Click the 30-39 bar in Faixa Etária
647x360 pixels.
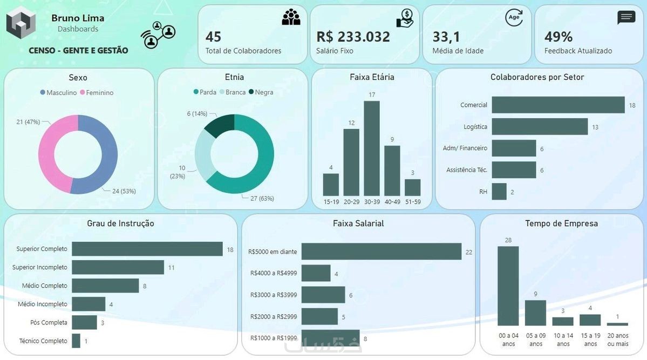[x=371, y=148]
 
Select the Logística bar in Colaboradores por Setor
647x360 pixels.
[x=539, y=127]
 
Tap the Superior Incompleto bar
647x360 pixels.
[x=118, y=267]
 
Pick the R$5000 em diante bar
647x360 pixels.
[x=381, y=252]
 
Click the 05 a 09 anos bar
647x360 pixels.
[x=535, y=313]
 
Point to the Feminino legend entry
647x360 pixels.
[x=97, y=93]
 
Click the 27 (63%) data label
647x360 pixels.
[x=262, y=198]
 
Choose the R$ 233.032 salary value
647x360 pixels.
[x=353, y=37]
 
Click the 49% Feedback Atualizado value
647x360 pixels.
[x=558, y=37]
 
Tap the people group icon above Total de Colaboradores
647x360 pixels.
[x=291, y=17]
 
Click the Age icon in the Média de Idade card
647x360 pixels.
[x=514, y=17]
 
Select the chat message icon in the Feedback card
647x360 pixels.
[x=626, y=17]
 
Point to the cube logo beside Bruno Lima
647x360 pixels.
[x=21, y=23]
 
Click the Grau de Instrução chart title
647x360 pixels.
[x=120, y=223]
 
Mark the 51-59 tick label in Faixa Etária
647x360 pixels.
[x=412, y=202]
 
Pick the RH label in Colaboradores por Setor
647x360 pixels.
[x=483, y=192]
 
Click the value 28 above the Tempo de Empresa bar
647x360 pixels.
[x=508, y=240]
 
